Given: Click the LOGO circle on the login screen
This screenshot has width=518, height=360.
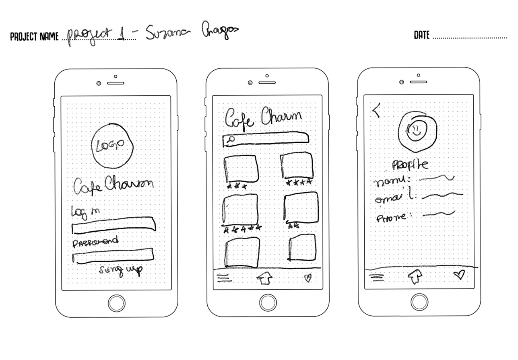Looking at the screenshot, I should coord(112,146).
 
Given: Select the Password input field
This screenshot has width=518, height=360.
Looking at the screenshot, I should coord(113,255).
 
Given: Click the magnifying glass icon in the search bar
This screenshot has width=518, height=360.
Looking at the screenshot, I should coord(231,139).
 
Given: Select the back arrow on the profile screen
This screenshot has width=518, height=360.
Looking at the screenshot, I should coord(377,110).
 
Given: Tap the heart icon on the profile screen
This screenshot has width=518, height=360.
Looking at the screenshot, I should coord(459,274).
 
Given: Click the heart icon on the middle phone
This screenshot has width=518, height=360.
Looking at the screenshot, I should coord(307,277).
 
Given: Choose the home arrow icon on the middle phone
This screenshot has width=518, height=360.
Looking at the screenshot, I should coord(264,278).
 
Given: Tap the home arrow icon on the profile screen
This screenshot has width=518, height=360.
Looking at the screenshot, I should coord(415,276).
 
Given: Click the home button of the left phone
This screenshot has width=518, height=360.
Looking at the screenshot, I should coord(117,303).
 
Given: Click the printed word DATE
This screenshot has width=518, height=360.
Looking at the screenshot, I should coord(422,35).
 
